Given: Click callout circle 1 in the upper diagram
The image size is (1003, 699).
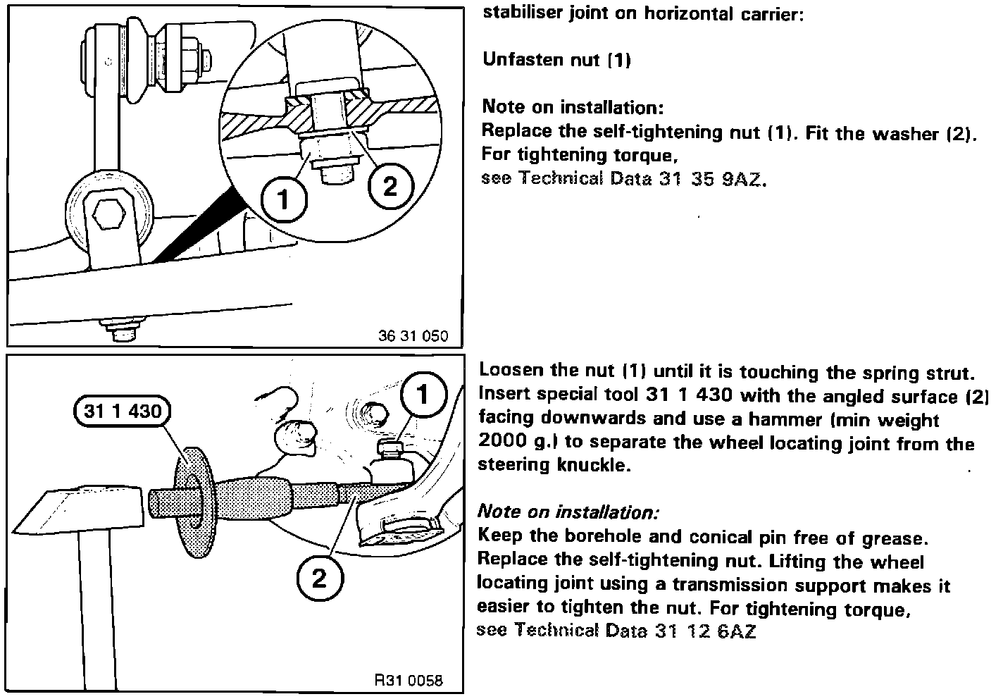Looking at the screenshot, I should pyautogui.click(x=283, y=200).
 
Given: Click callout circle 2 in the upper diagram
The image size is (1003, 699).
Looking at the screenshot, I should pyautogui.click(x=389, y=186).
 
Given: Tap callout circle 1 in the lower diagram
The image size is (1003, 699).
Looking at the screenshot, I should pyautogui.click(x=423, y=395).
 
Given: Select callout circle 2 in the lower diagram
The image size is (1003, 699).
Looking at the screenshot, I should pyautogui.click(x=319, y=579).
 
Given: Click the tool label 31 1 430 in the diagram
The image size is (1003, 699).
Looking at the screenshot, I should pyautogui.click(x=122, y=410).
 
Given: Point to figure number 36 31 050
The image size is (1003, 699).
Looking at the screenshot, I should pyautogui.click(x=413, y=336).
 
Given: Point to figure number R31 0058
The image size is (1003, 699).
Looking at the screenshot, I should pyautogui.click(x=409, y=681).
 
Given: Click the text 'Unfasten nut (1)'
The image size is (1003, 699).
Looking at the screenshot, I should pyautogui.click(x=556, y=60).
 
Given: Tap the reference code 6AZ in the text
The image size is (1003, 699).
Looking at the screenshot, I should pyautogui.click(x=736, y=631).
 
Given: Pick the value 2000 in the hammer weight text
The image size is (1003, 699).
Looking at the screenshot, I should pyautogui.click(x=502, y=443).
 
